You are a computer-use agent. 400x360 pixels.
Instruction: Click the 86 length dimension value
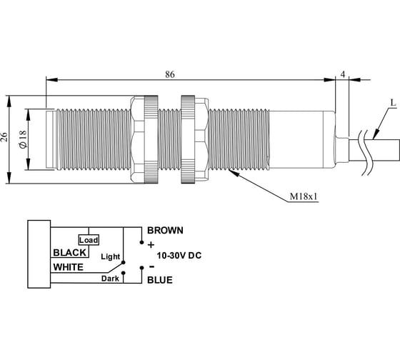[170, 74]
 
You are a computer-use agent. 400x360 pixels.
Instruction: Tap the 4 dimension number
[343, 74]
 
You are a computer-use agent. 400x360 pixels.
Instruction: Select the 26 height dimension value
[4, 137]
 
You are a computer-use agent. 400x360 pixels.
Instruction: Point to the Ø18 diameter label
[23, 139]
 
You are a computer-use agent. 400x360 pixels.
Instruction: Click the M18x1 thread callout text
[304, 196]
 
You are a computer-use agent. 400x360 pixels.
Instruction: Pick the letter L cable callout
[393, 103]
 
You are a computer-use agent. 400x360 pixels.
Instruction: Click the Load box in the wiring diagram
[89, 240]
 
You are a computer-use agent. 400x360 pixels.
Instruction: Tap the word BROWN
[165, 231]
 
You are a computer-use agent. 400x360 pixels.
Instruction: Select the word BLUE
[160, 280]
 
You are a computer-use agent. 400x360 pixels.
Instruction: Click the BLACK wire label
[70, 253]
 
